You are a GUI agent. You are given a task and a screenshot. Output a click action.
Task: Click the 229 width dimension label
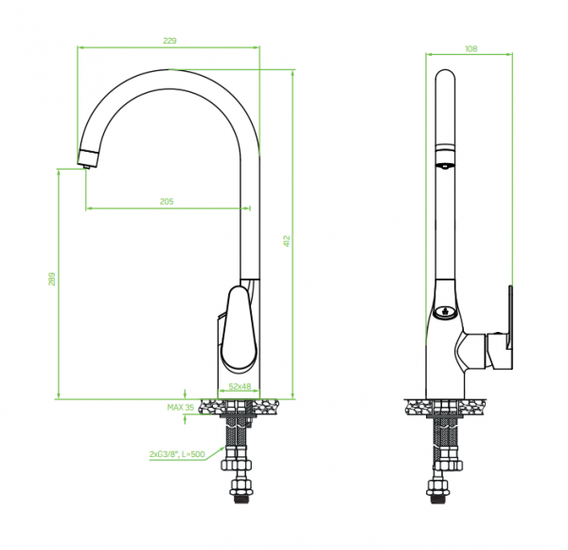coord(169,40)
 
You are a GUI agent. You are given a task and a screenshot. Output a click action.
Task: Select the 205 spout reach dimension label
coord(167,201)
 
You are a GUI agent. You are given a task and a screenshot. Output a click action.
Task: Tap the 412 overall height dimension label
coord(287,241)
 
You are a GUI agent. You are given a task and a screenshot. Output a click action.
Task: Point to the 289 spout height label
coord(52,279)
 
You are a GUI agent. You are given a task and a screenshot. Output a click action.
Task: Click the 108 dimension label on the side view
coord(470,48)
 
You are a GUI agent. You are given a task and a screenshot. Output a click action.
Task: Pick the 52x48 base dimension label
coord(240,386)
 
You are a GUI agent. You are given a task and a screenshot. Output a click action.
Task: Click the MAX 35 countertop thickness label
coord(181,407)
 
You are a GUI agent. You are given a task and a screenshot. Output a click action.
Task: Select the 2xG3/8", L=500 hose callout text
coord(177,454)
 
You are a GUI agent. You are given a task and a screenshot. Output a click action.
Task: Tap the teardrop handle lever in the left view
coord(240,329)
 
